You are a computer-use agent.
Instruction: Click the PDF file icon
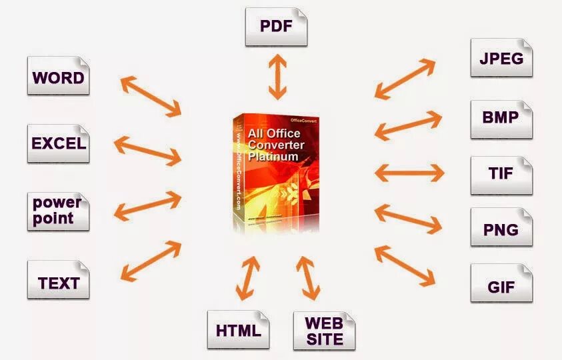(x=276, y=27)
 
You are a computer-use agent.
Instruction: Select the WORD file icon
(x=58, y=78)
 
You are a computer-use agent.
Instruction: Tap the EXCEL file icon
(x=58, y=143)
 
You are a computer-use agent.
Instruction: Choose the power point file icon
(x=58, y=211)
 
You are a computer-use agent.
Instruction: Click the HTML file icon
(x=238, y=330)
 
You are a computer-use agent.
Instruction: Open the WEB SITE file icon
(x=324, y=330)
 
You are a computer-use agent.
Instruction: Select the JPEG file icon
(x=501, y=58)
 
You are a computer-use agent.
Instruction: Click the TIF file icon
(x=501, y=175)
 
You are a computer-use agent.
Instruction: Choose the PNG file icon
(x=501, y=230)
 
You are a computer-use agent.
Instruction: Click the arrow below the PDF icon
(x=277, y=77)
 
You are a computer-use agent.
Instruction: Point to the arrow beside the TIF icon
(x=409, y=173)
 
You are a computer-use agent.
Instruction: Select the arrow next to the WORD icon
(x=151, y=95)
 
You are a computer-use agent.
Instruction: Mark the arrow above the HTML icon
(x=247, y=278)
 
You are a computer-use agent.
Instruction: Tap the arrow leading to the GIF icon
(x=405, y=265)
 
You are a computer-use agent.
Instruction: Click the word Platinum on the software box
(x=273, y=157)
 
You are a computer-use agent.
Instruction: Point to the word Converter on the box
(x=276, y=145)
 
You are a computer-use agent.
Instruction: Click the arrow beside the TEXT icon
(x=151, y=260)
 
